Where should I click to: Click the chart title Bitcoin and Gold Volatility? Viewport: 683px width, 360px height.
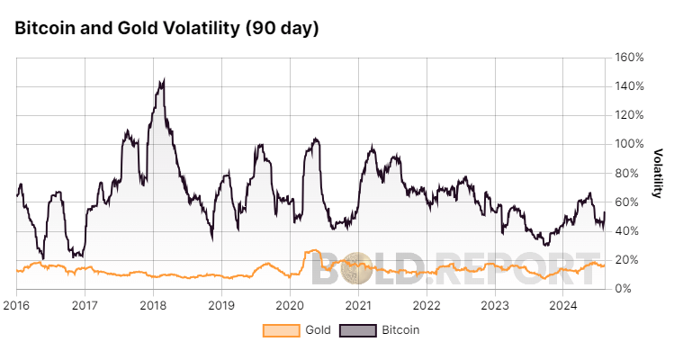pos(166,28)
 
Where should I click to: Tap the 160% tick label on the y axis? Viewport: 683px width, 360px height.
pos(629,58)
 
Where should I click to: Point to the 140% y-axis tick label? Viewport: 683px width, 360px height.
pos(629,86)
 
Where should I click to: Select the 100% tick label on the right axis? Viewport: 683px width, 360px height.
pos(629,144)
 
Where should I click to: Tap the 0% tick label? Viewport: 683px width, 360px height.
pos(624,289)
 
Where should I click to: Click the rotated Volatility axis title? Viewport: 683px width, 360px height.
pos(658,173)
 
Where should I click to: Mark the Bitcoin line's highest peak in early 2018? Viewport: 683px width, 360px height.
pos(162,80)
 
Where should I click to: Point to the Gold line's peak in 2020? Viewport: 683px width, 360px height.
pos(312,251)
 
